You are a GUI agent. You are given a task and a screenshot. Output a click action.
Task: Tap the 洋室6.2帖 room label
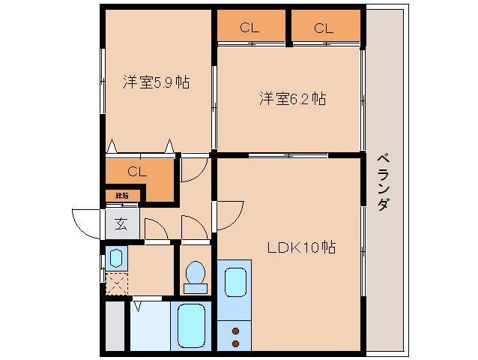coord(292,98)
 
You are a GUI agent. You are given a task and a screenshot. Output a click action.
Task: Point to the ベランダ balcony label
coord(382,181)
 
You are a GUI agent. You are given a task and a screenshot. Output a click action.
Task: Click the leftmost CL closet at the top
coord(250,28)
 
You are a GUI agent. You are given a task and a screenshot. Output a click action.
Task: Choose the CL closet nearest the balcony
coord(324,28)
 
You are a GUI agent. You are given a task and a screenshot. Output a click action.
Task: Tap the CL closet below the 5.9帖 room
coord(136,172)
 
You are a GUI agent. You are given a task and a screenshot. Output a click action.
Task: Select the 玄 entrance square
coord(121,223)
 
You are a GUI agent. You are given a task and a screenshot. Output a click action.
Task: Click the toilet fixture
coord(195,276)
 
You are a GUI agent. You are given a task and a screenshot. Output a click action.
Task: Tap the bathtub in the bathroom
coord(191,326)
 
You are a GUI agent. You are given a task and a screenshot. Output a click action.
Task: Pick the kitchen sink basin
coord(235,283)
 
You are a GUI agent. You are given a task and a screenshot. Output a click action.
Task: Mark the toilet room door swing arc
coord(193,226)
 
